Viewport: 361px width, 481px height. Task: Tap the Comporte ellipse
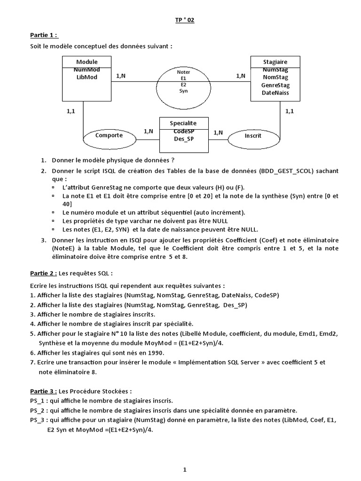tap(109, 135)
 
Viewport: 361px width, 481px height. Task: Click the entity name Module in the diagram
tap(86, 62)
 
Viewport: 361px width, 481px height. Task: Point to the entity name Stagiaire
tap(275, 62)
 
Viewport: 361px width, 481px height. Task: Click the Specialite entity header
tap(183, 123)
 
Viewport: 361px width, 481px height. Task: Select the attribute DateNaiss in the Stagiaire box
tap(275, 93)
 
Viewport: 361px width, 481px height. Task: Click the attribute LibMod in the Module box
tap(86, 77)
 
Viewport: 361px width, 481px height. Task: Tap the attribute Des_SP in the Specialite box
tap(183, 139)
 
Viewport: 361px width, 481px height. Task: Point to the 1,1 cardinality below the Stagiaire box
tap(290, 111)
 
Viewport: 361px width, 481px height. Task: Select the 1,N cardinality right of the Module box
tap(120, 75)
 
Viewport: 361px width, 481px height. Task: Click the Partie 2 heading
tap(44, 273)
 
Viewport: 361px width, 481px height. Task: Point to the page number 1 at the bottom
tap(185, 469)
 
